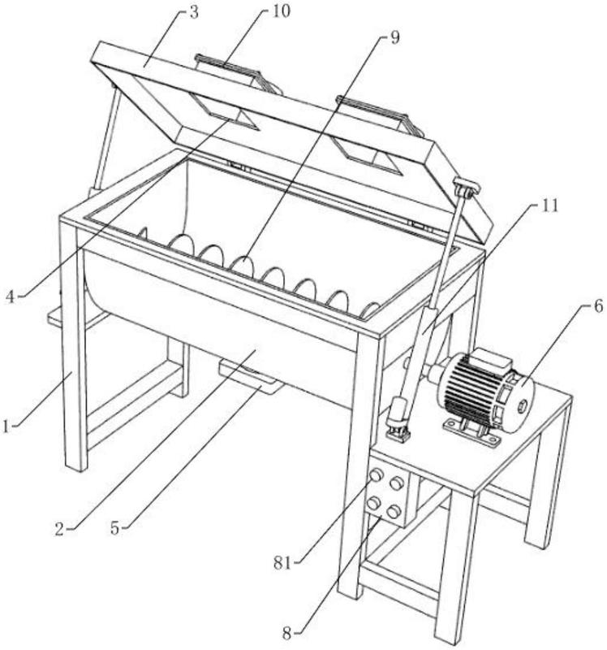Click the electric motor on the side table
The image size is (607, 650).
pyautogui.click(x=479, y=383)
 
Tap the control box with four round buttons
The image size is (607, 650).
pyautogui.click(x=386, y=495)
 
